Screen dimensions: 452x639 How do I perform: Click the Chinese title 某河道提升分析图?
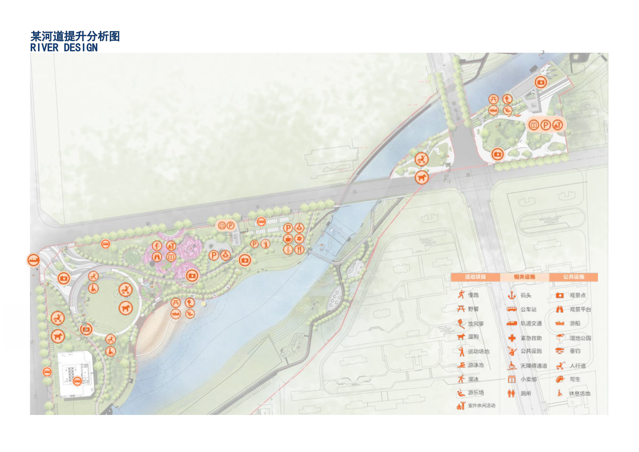(75, 36)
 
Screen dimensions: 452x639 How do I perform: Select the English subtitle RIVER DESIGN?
(64, 48)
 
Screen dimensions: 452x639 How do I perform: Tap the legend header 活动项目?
(475, 277)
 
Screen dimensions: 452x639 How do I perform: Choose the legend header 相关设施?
(524, 277)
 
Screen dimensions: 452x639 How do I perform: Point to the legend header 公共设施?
(574, 277)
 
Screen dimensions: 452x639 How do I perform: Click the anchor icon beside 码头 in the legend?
(512, 295)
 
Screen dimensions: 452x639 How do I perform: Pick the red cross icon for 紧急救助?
(512, 338)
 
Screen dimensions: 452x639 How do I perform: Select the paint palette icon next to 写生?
(560, 379)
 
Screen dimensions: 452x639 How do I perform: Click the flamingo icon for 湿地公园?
(560, 337)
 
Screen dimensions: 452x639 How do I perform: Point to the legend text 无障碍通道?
(534, 366)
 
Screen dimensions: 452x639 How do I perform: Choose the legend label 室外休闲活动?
(481, 405)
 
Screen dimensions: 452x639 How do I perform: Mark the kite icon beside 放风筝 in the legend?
(461, 323)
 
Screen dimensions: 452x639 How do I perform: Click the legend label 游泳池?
(476, 365)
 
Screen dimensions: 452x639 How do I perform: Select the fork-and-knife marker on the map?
(299, 249)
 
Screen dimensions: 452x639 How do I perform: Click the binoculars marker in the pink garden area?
(157, 257)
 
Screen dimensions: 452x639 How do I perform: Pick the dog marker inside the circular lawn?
(126, 308)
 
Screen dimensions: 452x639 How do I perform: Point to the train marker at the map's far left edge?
(33, 260)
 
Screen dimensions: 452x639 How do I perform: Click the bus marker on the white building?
(77, 381)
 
